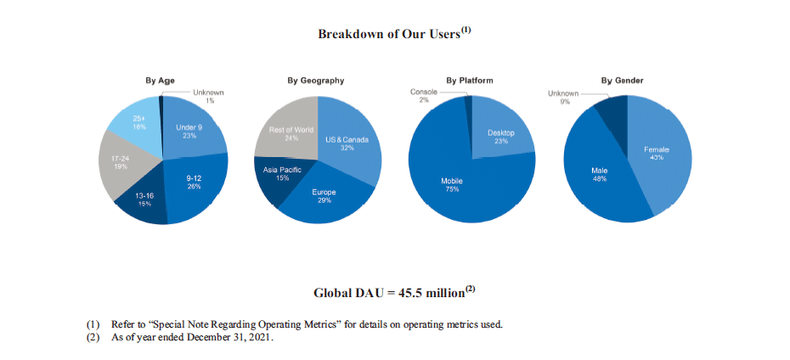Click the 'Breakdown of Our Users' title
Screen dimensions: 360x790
[x=393, y=34]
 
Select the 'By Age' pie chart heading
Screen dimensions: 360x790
[x=161, y=81]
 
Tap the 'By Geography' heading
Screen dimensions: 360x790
[x=315, y=81]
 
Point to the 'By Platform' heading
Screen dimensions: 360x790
[x=470, y=81]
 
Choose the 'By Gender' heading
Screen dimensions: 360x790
[x=622, y=81]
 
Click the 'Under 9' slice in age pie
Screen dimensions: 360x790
[x=189, y=131]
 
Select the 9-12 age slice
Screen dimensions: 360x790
[x=195, y=182]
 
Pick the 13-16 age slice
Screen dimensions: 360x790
[x=144, y=200]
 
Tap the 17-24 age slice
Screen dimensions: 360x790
[x=121, y=162]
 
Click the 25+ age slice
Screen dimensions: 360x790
[x=138, y=122]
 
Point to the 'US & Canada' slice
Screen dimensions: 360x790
[x=347, y=143]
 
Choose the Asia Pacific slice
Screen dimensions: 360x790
[x=282, y=175]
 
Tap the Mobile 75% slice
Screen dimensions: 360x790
[x=452, y=184]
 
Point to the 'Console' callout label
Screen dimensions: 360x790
[x=424, y=92]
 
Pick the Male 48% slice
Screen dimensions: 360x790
[x=599, y=174]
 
